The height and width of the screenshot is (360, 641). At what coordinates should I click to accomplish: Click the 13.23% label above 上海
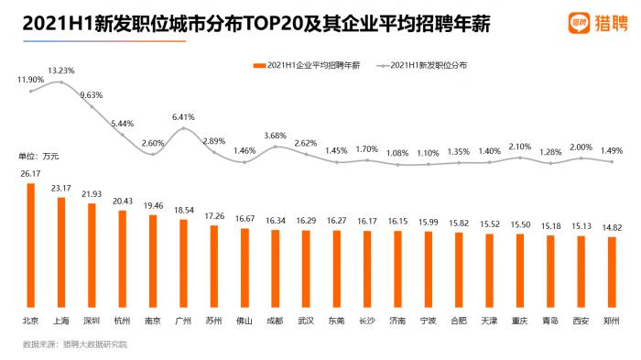(x=60, y=71)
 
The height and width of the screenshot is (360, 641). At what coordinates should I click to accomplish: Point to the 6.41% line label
(x=183, y=116)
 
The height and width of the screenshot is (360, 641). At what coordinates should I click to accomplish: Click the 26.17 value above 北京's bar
(x=30, y=172)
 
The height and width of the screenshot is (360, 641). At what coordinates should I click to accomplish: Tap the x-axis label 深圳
(x=92, y=321)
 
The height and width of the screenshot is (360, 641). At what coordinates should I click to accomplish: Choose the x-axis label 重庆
(x=521, y=321)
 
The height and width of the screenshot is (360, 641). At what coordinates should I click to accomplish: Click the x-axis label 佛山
(x=244, y=321)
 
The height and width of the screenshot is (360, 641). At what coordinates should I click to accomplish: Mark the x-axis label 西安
(x=581, y=321)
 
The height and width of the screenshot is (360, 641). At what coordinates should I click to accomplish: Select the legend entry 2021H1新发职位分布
(x=426, y=65)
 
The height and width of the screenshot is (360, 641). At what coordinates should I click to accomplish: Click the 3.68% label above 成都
(x=276, y=136)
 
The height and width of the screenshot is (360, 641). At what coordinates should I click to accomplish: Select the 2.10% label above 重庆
(x=521, y=147)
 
